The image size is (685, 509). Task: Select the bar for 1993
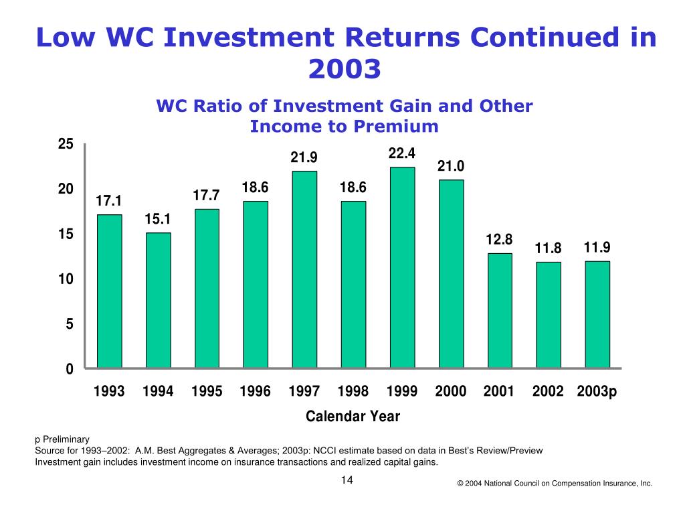point(110,291)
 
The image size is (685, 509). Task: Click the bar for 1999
point(402,268)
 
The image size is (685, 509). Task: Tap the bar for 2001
point(500,311)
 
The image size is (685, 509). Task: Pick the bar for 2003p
point(597,314)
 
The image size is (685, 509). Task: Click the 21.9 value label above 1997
point(304,157)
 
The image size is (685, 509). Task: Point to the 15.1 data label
point(158,219)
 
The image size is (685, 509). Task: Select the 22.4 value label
point(402,153)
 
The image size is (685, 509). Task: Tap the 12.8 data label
point(500,240)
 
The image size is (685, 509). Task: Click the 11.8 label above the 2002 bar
point(548,248)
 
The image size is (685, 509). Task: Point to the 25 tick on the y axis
point(66,144)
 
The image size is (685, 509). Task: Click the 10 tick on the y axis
point(66,279)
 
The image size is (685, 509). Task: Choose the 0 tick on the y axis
point(70,369)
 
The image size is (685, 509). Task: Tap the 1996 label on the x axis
point(255,392)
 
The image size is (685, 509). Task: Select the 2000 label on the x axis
point(450,392)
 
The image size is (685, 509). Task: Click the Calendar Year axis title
point(353,417)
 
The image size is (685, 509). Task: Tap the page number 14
point(347,480)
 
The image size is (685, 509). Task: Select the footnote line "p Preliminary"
point(62,440)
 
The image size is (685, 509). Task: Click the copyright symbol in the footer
point(461,484)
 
